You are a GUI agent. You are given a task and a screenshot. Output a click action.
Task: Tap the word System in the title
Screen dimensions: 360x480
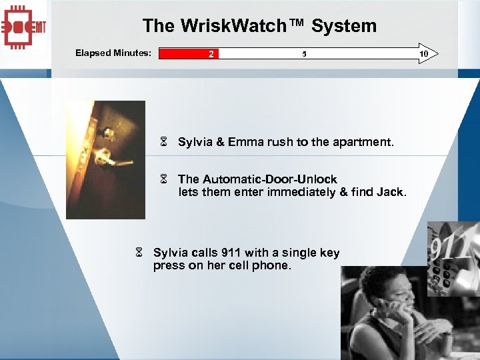pos(344,26)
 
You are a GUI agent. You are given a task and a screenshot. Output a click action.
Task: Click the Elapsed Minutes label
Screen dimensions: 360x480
pos(113,53)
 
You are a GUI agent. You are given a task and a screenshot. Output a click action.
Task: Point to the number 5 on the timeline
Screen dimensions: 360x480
pos(304,53)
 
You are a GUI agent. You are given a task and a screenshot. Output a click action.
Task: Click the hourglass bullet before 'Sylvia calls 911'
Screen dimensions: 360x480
pos(139,253)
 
